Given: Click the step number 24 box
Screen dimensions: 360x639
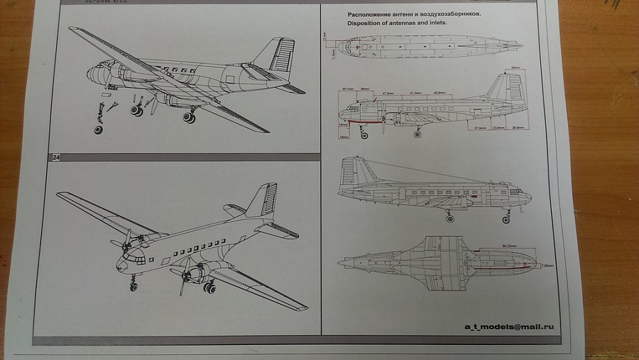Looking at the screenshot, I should pos(56,158).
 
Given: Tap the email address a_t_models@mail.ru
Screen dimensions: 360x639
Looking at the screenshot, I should pos(508,327).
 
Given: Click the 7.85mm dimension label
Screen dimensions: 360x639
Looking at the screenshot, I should pos(546,266).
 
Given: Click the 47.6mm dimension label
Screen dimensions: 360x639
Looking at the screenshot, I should pos(388,94).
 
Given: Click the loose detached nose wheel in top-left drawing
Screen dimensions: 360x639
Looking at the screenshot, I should pos(98,130).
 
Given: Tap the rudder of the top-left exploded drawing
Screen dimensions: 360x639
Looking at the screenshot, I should pos(282,55).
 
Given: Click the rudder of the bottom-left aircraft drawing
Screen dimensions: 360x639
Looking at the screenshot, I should pos(270,200).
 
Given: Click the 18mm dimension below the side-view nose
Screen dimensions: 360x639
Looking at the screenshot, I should pos(343,136).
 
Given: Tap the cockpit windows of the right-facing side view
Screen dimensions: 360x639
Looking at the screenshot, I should pos(516,191).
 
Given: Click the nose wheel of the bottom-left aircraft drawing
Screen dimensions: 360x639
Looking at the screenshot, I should pos(133,287).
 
